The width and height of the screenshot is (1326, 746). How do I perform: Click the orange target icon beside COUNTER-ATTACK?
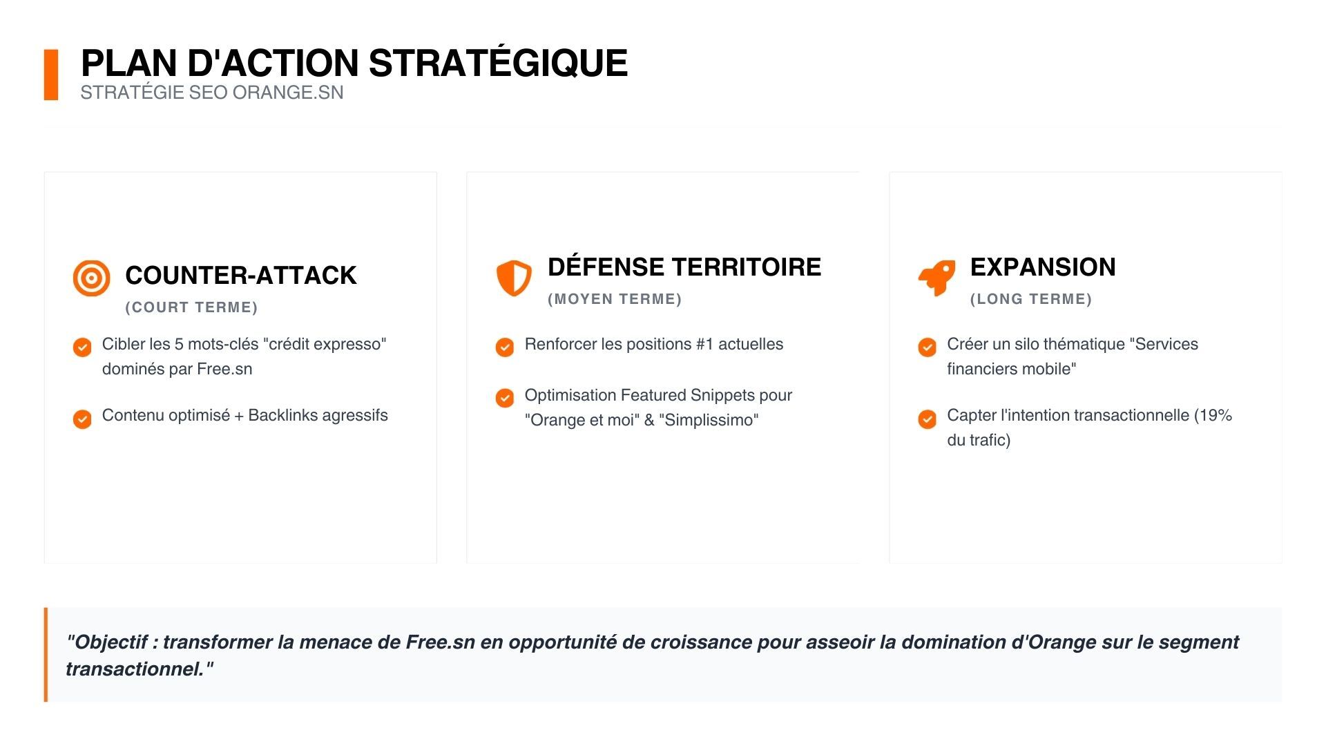point(91,278)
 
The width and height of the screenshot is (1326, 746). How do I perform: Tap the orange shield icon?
point(514,278)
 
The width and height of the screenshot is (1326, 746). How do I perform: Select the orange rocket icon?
point(936,278)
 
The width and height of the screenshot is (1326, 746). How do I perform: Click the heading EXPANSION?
point(1043,267)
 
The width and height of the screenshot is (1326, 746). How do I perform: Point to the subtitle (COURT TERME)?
point(192,307)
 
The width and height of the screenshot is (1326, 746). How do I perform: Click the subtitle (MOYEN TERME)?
point(615,299)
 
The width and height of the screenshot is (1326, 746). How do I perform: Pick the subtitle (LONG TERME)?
point(1031,299)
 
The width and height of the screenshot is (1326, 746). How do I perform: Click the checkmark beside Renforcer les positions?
point(505,347)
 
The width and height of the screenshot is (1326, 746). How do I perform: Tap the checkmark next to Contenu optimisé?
point(82,419)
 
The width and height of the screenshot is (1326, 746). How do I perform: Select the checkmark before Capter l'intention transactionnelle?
point(928,419)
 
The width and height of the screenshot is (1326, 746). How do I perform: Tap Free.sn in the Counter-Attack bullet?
point(224,369)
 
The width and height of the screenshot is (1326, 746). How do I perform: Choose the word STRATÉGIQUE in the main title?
point(499,63)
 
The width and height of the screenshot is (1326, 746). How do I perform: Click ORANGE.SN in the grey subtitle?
point(288,93)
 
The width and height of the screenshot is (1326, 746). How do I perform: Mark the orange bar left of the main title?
point(51,75)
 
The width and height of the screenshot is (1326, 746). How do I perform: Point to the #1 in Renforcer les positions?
point(704,344)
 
